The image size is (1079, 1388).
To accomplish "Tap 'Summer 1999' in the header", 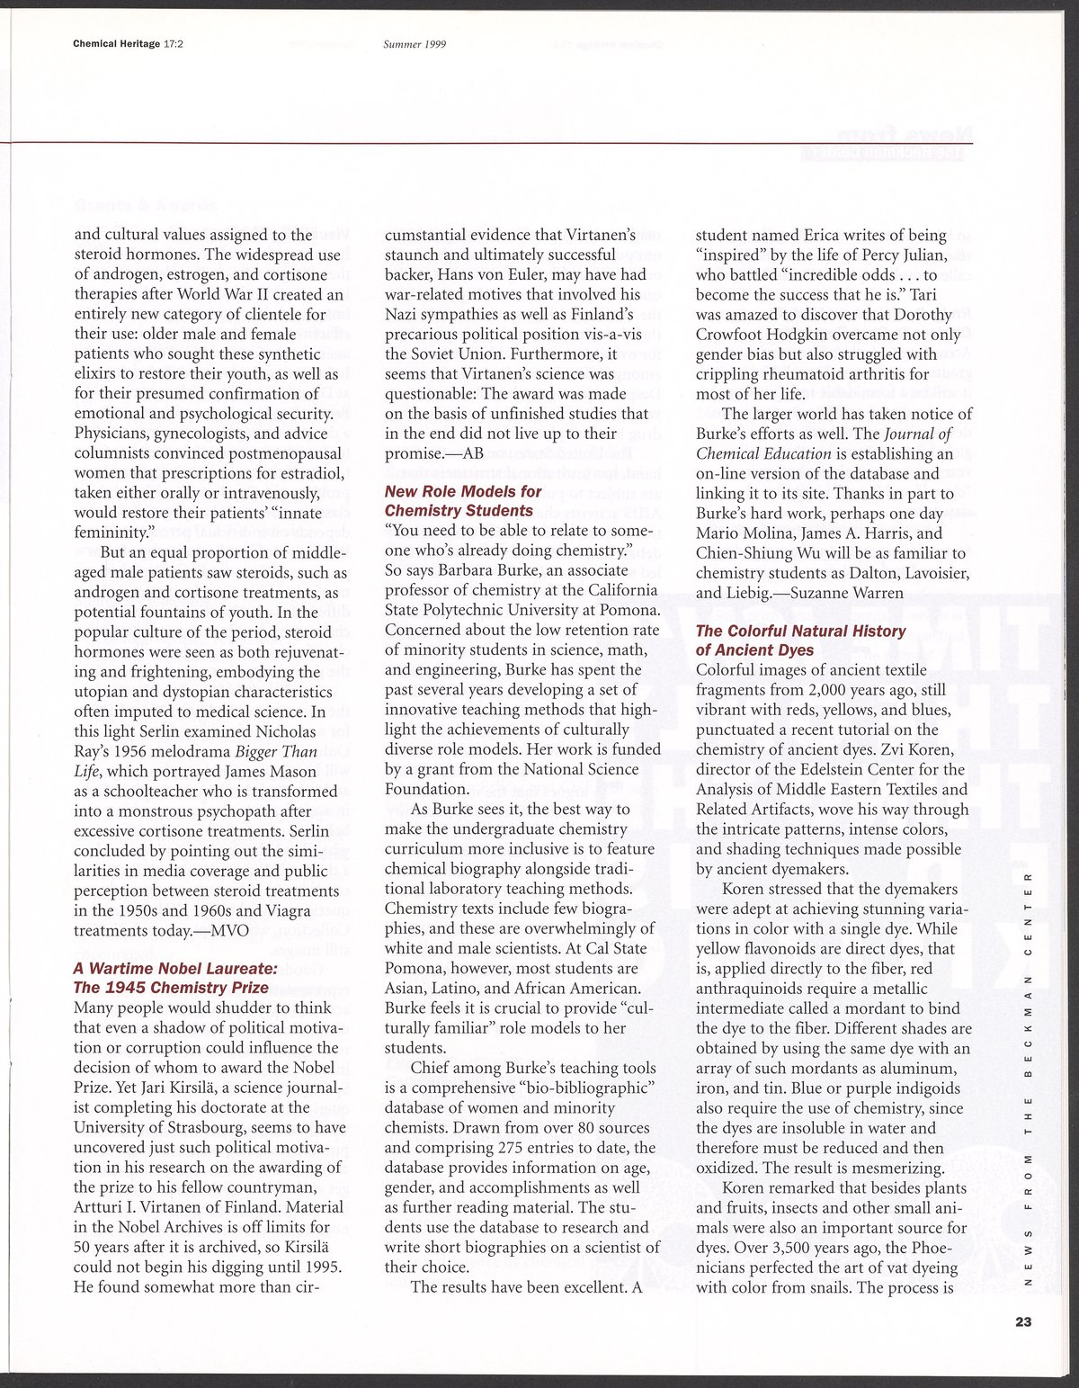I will tap(415, 43).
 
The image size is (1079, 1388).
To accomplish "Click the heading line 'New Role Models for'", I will tap(463, 491).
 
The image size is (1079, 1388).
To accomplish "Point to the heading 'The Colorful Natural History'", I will tap(800, 631).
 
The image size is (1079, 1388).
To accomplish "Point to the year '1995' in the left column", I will tap(322, 1267).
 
